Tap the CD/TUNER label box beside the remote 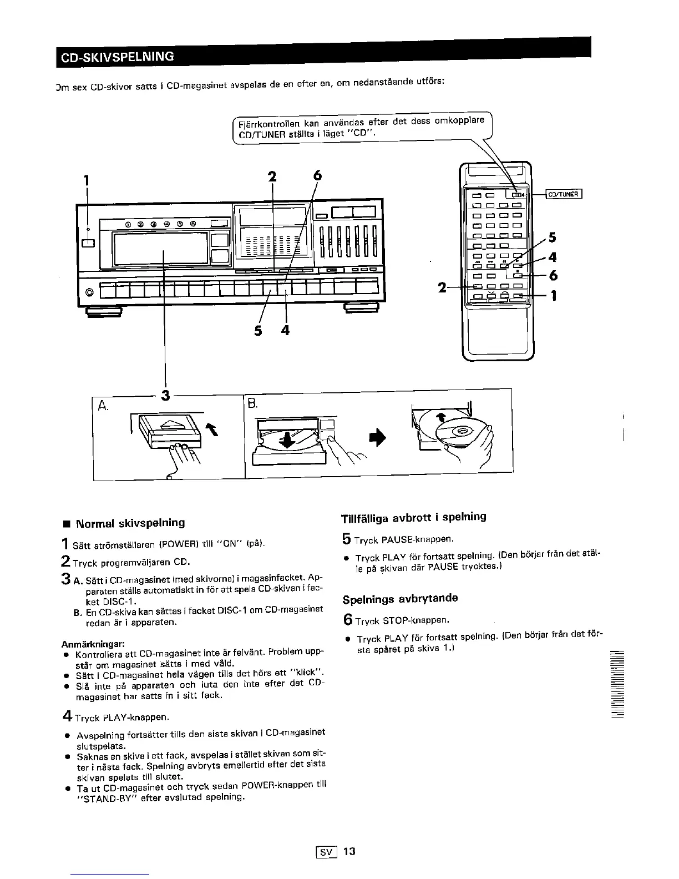pos(564,194)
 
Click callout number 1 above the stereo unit pos(86,180)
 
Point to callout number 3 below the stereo pos(164,395)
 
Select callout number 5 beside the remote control pos(551,238)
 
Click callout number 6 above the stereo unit pos(317,175)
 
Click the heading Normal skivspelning pos(130,523)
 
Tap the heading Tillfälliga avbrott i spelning pos(414,517)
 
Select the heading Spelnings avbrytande pos(400,599)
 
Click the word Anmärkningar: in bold pos(90,644)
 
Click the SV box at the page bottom pos(322,851)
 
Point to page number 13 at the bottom pos(349,851)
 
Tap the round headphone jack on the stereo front pos(88,292)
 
